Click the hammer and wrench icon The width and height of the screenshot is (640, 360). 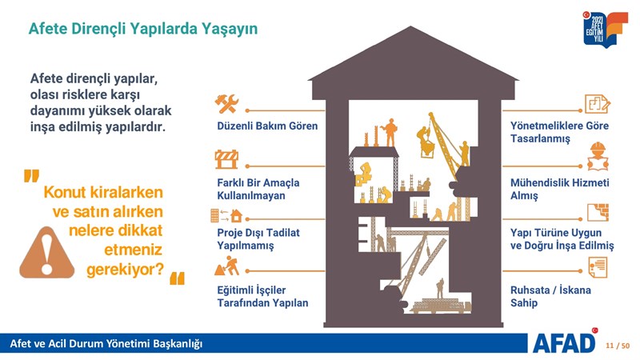coord(226,104)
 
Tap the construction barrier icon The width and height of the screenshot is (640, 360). coord(226,159)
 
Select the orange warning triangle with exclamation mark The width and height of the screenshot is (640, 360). coord(47,253)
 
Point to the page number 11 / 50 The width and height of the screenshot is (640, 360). coord(618,346)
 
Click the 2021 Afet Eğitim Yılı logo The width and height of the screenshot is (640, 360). coord(606,29)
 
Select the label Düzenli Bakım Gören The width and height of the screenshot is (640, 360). coord(267,126)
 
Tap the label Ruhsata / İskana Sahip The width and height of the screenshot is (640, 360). coord(550,296)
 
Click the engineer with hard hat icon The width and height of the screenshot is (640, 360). coord(598,156)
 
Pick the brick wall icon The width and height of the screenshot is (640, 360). coord(598,212)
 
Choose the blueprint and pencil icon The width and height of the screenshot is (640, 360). coord(598,104)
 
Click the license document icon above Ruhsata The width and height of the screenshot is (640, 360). coord(598,267)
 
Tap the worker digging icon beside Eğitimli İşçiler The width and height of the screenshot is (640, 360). coord(227,266)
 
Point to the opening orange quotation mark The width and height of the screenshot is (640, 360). coord(31,176)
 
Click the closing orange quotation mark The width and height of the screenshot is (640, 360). coord(177,278)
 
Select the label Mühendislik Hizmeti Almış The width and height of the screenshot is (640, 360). coord(559,189)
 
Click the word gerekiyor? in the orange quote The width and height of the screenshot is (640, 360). coord(125,270)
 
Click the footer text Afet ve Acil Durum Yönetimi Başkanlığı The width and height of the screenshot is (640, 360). coord(106,344)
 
